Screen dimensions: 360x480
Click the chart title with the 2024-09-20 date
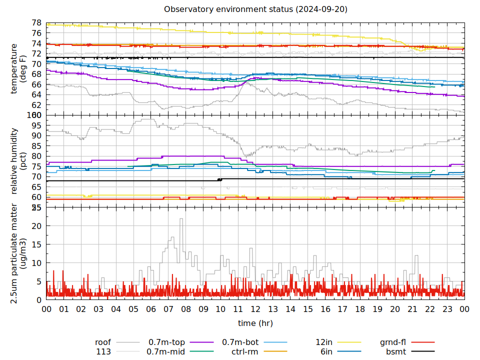coord(255,9)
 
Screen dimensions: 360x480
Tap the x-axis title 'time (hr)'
coord(255,323)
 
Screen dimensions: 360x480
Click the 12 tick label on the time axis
coord(255,309)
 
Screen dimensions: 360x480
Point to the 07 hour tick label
coord(168,309)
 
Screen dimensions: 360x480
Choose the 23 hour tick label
coord(447,309)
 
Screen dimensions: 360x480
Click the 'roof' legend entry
coord(103,342)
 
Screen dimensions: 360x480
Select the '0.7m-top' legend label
coord(166,342)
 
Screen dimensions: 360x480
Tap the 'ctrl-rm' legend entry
coord(244,351)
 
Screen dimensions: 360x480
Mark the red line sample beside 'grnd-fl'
coord(422,342)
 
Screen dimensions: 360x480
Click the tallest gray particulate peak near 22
coord(181,219)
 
